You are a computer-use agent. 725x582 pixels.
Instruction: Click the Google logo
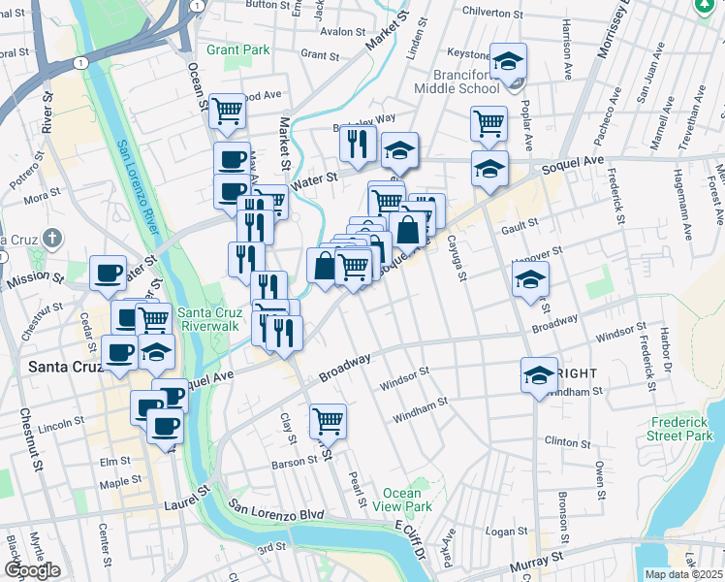32,570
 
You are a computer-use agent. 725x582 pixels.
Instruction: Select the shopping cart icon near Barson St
329,422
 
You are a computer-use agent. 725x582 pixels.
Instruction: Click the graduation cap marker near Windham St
539,375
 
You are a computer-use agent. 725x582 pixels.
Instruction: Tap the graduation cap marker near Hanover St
530,280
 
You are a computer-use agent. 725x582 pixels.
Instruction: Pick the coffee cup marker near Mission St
108,273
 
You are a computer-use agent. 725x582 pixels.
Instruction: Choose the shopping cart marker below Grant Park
227,112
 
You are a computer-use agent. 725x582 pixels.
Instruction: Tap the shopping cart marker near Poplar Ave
489,123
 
